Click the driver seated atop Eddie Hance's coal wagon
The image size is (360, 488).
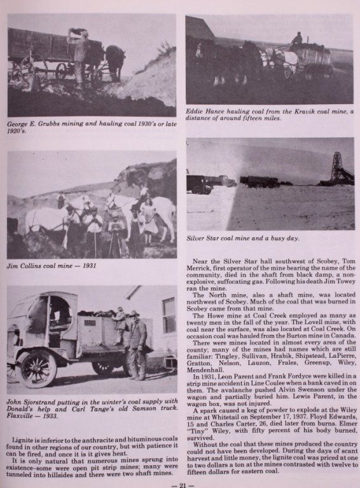(296, 40)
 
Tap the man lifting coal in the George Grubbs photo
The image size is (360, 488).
(80, 54)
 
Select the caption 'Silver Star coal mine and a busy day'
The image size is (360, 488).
(242, 238)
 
